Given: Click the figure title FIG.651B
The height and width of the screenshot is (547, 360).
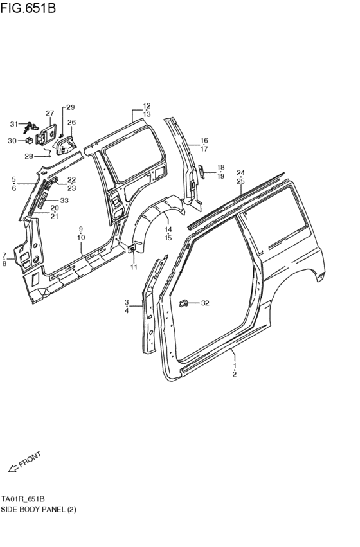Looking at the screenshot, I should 29,8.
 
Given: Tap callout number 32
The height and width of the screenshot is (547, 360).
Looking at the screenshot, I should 205,303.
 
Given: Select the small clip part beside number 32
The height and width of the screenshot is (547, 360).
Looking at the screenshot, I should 184,301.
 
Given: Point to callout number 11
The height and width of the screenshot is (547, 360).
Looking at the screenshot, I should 134,267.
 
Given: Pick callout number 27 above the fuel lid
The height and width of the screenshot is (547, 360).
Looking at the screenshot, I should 50,113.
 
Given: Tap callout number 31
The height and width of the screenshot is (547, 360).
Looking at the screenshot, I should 14,124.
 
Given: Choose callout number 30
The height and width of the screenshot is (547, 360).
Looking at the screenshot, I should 12,141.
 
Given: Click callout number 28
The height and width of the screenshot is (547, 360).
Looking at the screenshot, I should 28,156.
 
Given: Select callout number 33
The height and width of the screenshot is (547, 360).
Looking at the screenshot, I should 64,201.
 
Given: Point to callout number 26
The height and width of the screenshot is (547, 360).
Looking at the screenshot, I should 71,122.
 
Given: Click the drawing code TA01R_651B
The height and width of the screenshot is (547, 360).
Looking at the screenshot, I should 23,499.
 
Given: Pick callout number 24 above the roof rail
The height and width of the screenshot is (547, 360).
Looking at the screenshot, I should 240,173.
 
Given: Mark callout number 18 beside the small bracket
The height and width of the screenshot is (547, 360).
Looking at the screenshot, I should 220,167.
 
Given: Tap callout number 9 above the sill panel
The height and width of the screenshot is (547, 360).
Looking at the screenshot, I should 81,229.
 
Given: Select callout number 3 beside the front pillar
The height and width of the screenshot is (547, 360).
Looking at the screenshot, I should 127,302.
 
